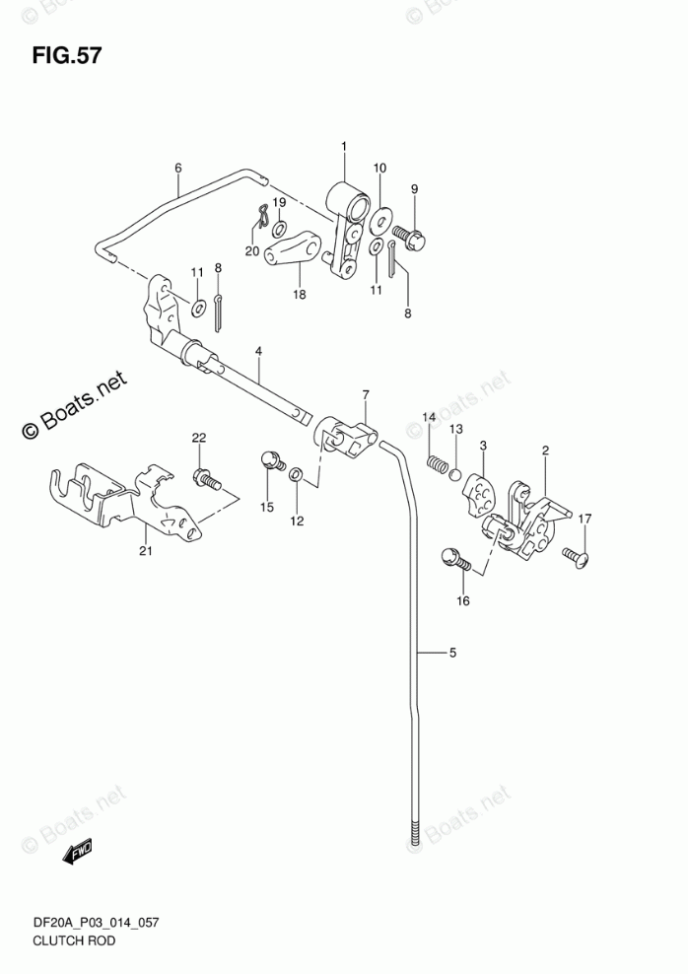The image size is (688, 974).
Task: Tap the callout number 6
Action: [x=178, y=168]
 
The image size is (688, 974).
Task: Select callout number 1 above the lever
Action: [x=344, y=148]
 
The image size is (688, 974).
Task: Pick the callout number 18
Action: [x=299, y=294]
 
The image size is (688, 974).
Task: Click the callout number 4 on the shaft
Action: [x=258, y=350]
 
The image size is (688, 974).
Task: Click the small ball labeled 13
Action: [x=456, y=473]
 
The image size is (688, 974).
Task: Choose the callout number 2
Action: [x=544, y=452]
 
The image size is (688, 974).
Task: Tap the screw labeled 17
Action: [x=575, y=557]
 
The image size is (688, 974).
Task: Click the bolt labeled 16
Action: [x=457, y=559]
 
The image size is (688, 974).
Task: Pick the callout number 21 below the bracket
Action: [x=146, y=550]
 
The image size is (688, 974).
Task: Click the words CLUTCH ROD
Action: [x=60, y=941]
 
